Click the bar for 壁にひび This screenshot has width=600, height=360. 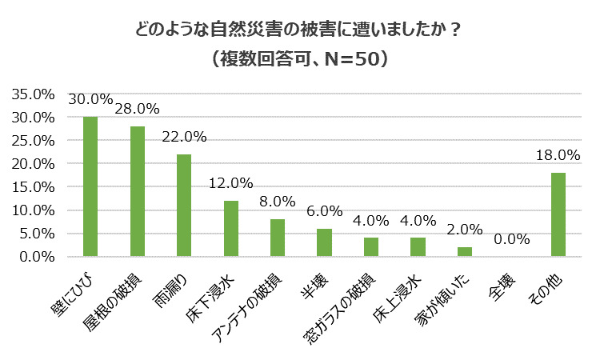[x=90, y=187]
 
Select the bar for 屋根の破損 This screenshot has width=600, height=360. [x=137, y=192]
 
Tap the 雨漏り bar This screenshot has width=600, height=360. [x=184, y=206]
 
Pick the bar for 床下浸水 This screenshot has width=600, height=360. [x=230, y=229]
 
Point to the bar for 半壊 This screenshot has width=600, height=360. [x=324, y=243]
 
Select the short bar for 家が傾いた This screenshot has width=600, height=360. [x=464, y=252]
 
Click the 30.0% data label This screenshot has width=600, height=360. [x=90, y=100]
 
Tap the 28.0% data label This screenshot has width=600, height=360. [x=138, y=109]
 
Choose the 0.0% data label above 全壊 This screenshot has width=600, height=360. [x=511, y=239]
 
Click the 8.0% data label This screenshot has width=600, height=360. [x=278, y=202]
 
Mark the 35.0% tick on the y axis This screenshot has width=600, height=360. [x=34, y=94]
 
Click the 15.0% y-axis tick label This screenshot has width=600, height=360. [x=34, y=187]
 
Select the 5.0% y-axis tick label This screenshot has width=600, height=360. [x=37, y=234]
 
